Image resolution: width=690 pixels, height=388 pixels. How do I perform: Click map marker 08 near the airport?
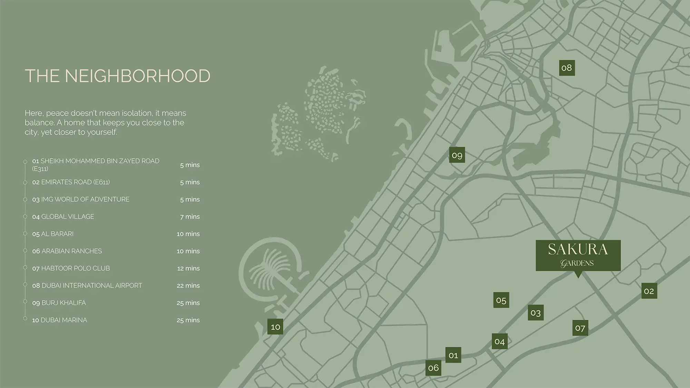pos(566,68)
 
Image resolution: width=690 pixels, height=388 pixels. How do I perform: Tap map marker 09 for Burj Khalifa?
pos(457,155)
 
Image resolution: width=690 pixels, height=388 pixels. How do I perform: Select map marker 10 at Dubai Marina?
pos(275,327)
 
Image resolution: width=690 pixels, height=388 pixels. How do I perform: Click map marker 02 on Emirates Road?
pos(649,291)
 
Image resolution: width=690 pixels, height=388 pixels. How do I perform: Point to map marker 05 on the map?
pos(501,300)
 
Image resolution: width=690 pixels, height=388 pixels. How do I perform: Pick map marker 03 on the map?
pos(535,312)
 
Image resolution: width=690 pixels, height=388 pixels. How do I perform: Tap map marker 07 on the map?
pos(580,328)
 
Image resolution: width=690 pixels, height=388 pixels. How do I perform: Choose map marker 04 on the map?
pos(499,341)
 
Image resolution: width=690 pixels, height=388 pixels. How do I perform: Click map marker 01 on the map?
pos(453,355)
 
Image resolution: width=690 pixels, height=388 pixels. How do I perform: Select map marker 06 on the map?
pos(433,368)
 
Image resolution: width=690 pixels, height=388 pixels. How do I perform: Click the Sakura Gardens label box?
pos(578,255)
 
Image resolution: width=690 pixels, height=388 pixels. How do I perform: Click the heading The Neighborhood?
pos(118,76)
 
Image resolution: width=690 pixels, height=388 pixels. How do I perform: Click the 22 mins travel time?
pos(188,286)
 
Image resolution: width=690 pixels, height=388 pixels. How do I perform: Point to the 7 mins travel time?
pos(190,217)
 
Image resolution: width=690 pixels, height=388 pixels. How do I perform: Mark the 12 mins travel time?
pos(188,268)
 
